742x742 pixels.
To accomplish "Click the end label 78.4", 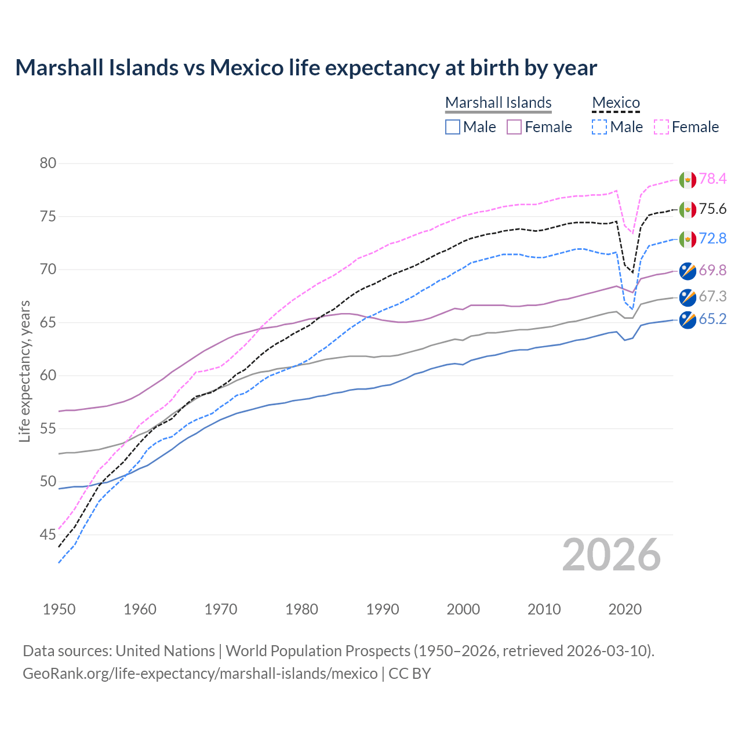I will (x=712, y=179).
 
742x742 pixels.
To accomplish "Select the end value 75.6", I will (x=712, y=209).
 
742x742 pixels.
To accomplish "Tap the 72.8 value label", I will (x=712, y=239).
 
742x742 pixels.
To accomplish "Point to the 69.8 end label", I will (x=712, y=270).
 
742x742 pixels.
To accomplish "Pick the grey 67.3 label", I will (x=712, y=297).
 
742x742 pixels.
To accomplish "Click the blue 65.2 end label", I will (x=712, y=319).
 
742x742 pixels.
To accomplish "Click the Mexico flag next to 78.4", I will (x=688, y=180).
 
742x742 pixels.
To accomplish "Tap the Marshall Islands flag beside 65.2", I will (x=688, y=320).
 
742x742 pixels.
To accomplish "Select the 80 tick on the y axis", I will (x=48, y=163).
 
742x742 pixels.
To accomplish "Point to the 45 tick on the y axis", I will (x=48, y=534).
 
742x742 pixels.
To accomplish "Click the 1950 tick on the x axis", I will (x=59, y=609).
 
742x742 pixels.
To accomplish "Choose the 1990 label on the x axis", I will (x=383, y=609).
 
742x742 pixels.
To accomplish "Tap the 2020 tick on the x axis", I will (x=625, y=609).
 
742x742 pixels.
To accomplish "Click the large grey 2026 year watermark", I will (x=611, y=555).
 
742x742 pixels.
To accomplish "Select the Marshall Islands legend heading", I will (x=498, y=103).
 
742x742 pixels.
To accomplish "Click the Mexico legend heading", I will (x=616, y=103).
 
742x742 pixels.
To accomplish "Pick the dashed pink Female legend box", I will (x=661, y=127).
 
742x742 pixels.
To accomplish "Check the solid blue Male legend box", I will (x=453, y=127).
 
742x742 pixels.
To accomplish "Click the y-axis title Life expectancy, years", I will (x=25, y=371).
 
